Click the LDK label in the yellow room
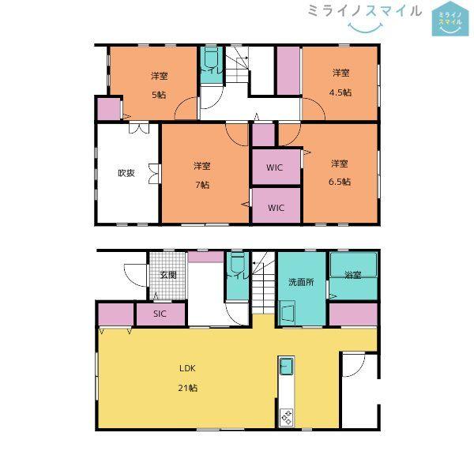tap(187, 368)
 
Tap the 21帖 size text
tap(188, 388)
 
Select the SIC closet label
tap(160, 314)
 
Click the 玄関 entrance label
tap(168, 275)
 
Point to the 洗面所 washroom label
tap(301, 282)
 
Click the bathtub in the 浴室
tap(353, 265)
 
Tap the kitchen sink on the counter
tap(286, 366)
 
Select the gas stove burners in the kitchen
tap(286, 417)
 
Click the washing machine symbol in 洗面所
tap(288, 313)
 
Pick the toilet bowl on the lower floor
tap(237, 264)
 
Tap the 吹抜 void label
tap(126, 173)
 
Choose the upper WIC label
tap(274, 167)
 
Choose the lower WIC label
tap(276, 208)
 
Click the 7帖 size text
tap(202, 185)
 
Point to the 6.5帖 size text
tap(340, 182)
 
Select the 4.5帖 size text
tap(340, 92)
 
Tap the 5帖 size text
tap(159, 95)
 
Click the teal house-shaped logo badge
tap(450, 19)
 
